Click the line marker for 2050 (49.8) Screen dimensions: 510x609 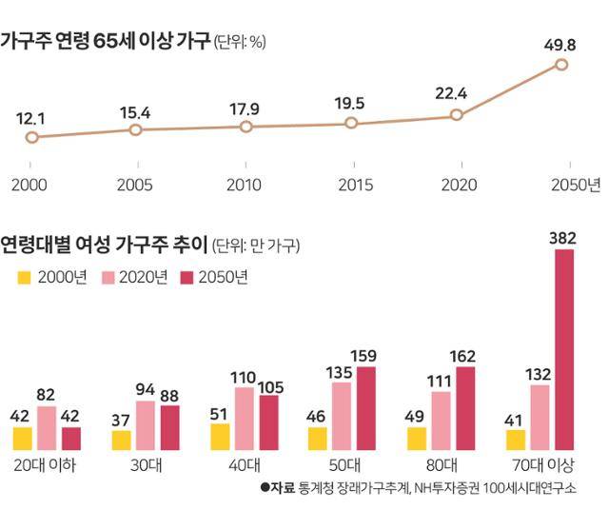(561, 65)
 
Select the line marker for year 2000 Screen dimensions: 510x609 (31, 137)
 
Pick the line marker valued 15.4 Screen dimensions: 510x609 (135, 128)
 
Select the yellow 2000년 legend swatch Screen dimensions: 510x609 (26, 277)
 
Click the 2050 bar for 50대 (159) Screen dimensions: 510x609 (366, 408)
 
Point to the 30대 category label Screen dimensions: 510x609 (145, 465)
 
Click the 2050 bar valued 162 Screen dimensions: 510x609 (465, 408)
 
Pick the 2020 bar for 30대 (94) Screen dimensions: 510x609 (146, 425)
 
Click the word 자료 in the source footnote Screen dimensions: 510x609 (284, 488)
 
